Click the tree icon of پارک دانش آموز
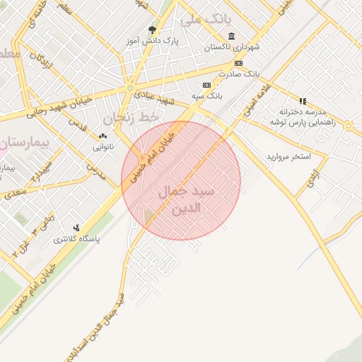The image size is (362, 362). pos(152,30)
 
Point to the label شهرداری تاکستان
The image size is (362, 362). pos(233,47)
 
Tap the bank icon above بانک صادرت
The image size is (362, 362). pos(239,63)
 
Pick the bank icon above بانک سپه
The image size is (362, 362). pos(206,85)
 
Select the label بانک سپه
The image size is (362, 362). pos(209,94)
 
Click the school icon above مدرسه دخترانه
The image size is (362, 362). pos(303,101)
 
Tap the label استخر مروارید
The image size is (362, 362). pos(288,156)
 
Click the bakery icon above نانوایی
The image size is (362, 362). pos(103,136)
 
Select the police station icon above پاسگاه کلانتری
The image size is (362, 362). pos(76,228)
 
